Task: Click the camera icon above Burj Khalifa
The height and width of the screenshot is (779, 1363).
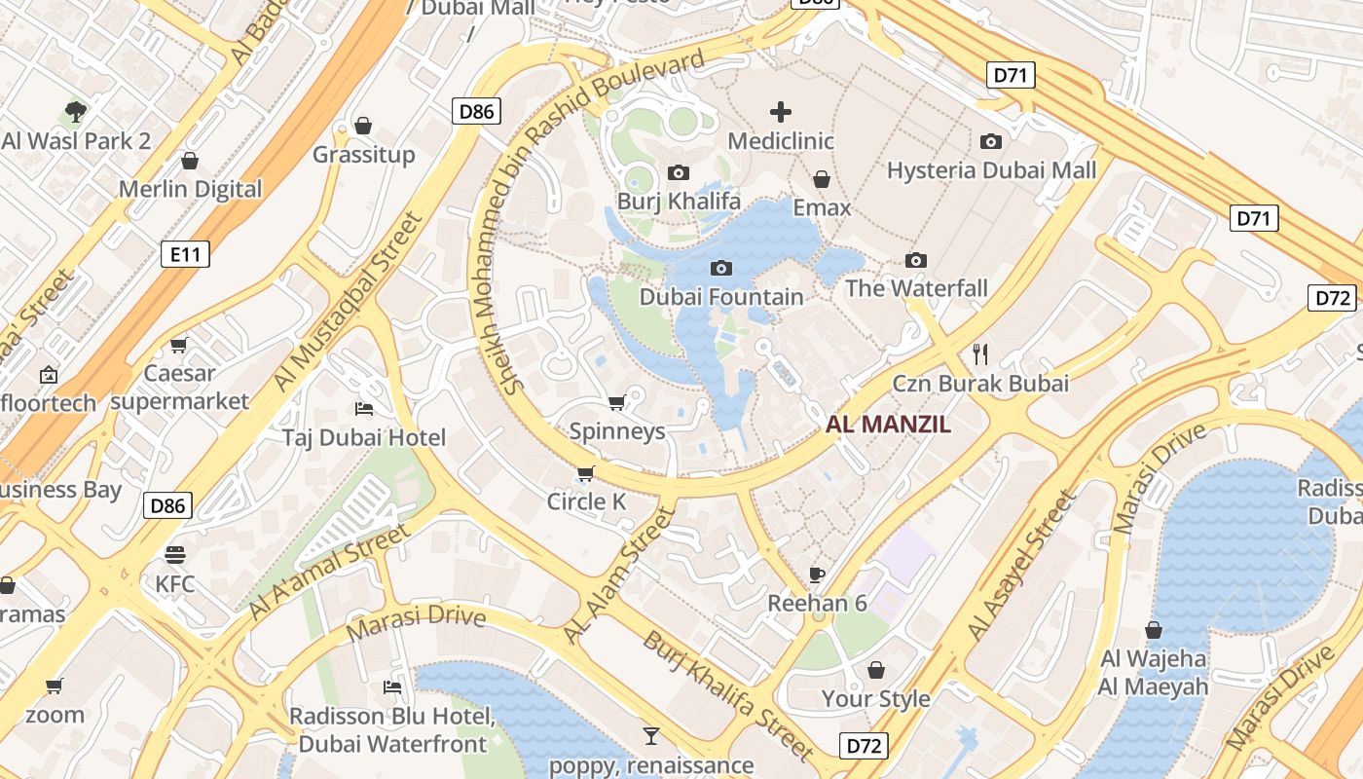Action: click(679, 173)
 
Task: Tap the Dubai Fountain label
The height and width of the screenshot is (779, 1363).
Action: click(721, 296)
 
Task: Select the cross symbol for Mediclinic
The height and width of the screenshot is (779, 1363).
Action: click(780, 112)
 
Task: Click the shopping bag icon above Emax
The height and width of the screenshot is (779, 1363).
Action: click(822, 179)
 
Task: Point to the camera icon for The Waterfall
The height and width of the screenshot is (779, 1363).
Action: click(915, 260)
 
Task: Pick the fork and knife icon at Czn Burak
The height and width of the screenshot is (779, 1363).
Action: click(980, 353)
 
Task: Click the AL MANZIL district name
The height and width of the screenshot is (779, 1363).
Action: click(888, 425)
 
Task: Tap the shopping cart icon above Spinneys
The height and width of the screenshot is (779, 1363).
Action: click(616, 402)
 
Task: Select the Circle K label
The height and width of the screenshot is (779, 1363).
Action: click(586, 501)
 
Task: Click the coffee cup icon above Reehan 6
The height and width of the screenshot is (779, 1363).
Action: click(817, 575)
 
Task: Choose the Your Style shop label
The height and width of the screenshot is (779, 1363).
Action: click(876, 699)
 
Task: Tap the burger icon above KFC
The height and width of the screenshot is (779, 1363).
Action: click(175, 555)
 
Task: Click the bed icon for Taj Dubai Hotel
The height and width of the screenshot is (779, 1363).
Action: click(364, 408)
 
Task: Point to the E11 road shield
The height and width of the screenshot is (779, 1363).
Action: click(184, 255)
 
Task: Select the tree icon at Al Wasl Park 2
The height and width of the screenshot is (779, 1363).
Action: click(76, 112)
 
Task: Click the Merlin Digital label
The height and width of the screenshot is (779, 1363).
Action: click(191, 189)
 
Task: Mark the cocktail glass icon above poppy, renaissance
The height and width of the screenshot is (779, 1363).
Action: click(651, 735)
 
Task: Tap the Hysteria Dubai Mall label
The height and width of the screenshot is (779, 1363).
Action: click(991, 171)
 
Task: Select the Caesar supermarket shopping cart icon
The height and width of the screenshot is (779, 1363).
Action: click(179, 345)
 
